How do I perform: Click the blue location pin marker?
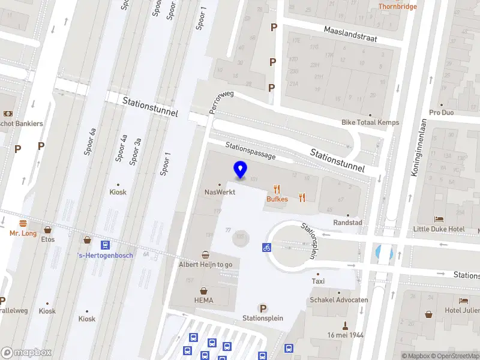[x=240, y=170]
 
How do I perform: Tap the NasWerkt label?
[x=220, y=192]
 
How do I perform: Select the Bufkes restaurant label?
[x=277, y=199]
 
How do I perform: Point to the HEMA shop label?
[x=203, y=300]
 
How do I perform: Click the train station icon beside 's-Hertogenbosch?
[x=106, y=245]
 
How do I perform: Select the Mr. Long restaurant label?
[x=23, y=233]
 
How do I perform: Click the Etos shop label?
[x=48, y=239]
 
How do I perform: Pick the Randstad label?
[x=348, y=223]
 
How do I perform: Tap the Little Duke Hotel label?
[x=439, y=229]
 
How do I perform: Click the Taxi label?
[x=319, y=281]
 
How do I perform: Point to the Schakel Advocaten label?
[x=339, y=300]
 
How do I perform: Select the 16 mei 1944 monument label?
[x=346, y=335]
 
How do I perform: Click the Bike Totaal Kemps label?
[x=370, y=122]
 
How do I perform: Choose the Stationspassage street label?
[x=250, y=151]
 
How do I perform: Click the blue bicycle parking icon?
[x=266, y=247]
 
